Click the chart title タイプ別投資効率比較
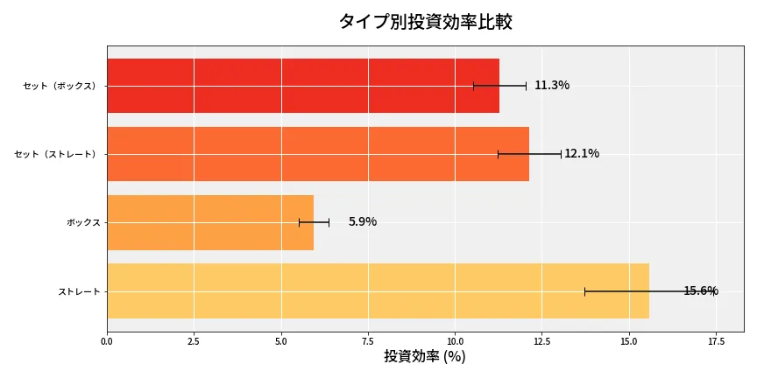pyautogui.click(x=425, y=22)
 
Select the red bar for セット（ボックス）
pyautogui.click(x=302, y=86)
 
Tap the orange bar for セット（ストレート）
pyautogui.click(x=317, y=154)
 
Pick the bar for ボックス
pyautogui.click(x=209, y=222)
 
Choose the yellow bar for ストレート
pyautogui.click(x=378, y=290)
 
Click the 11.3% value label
pyautogui.click(x=552, y=86)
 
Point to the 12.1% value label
pyautogui.click(x=582, y=154)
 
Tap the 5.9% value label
pyautogui.click(x=362, y=222)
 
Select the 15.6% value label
pyautogui.click(x=700, y=290)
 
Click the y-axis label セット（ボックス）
pyautogui.click(x=61, y=86)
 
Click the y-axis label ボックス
pyautogui.click(x=83, y=222)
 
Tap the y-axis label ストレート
pyautogui.click(x=79, y=290)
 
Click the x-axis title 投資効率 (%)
pyautogui.click(x=425, y=357)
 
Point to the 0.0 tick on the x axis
pyautogui.click(x=107, y=340)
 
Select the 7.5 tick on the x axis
pyautogui.click(x=368, y=340)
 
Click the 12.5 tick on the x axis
pyautogui.click(x=541, y=340)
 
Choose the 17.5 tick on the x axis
pyautogui.click(x=716, y=340)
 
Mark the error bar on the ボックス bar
pyautogui.click(x=314, y=222)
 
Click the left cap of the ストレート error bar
pyautogui.click(x=584, y=290)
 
